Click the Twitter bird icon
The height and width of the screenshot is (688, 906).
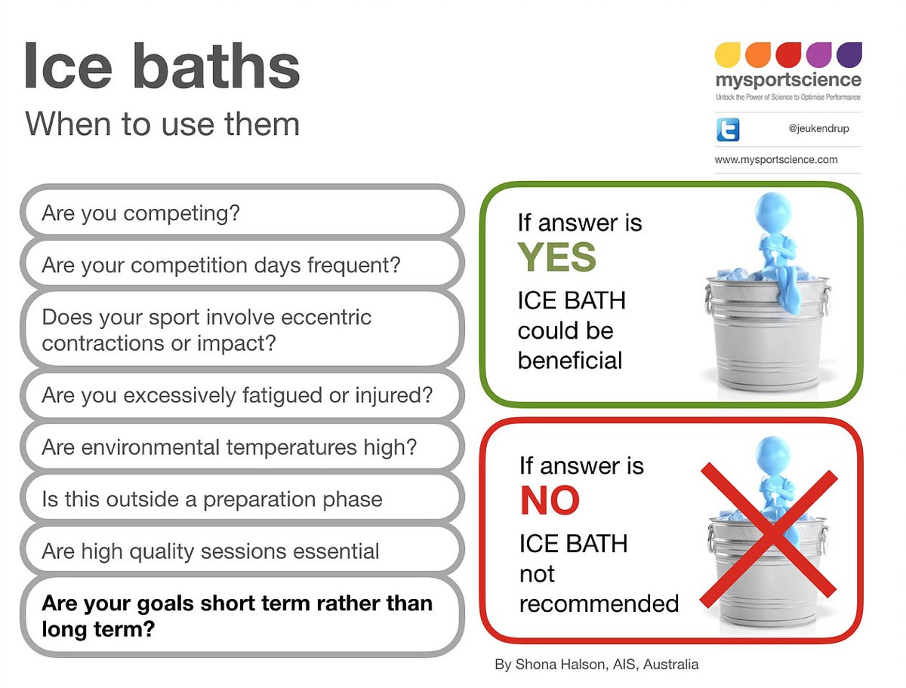[728, 130]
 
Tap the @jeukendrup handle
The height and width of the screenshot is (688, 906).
[818, 128]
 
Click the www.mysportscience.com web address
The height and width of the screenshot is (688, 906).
[776, 159]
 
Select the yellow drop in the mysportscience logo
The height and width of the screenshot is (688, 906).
[727, 54]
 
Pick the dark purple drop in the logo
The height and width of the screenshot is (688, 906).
[849, 54]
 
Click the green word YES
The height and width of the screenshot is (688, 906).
[556, 256]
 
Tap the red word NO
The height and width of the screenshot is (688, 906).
[550, 500]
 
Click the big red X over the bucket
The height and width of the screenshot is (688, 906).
[769, 535]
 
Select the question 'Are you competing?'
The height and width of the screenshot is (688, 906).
[140, 213]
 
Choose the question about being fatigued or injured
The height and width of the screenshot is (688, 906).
[237, 395]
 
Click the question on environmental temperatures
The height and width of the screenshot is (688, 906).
[230, 447]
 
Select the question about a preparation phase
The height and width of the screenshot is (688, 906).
[212, 499]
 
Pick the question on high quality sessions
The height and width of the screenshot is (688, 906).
[211, 551]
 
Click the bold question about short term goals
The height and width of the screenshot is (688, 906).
[237, 616]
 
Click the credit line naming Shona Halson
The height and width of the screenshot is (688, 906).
[597, 665]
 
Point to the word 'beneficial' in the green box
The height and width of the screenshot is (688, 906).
[569, 361]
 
